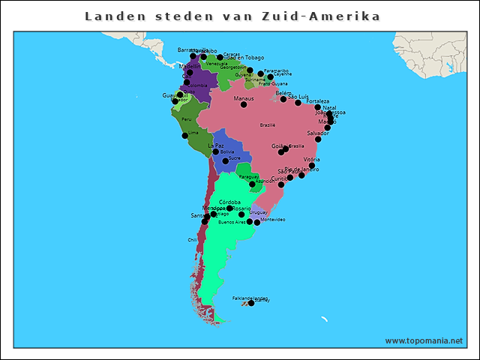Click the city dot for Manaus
244,104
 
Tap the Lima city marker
185,136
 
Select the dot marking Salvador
318,139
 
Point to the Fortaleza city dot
317,107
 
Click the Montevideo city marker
257,222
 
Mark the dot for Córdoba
229,208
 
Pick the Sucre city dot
225,161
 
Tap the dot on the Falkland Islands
251,303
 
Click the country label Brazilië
268,124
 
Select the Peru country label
187,118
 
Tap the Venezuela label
216,64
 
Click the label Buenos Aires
232,222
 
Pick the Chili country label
192,240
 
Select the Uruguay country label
258,212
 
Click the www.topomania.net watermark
424,340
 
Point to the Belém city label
283,93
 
